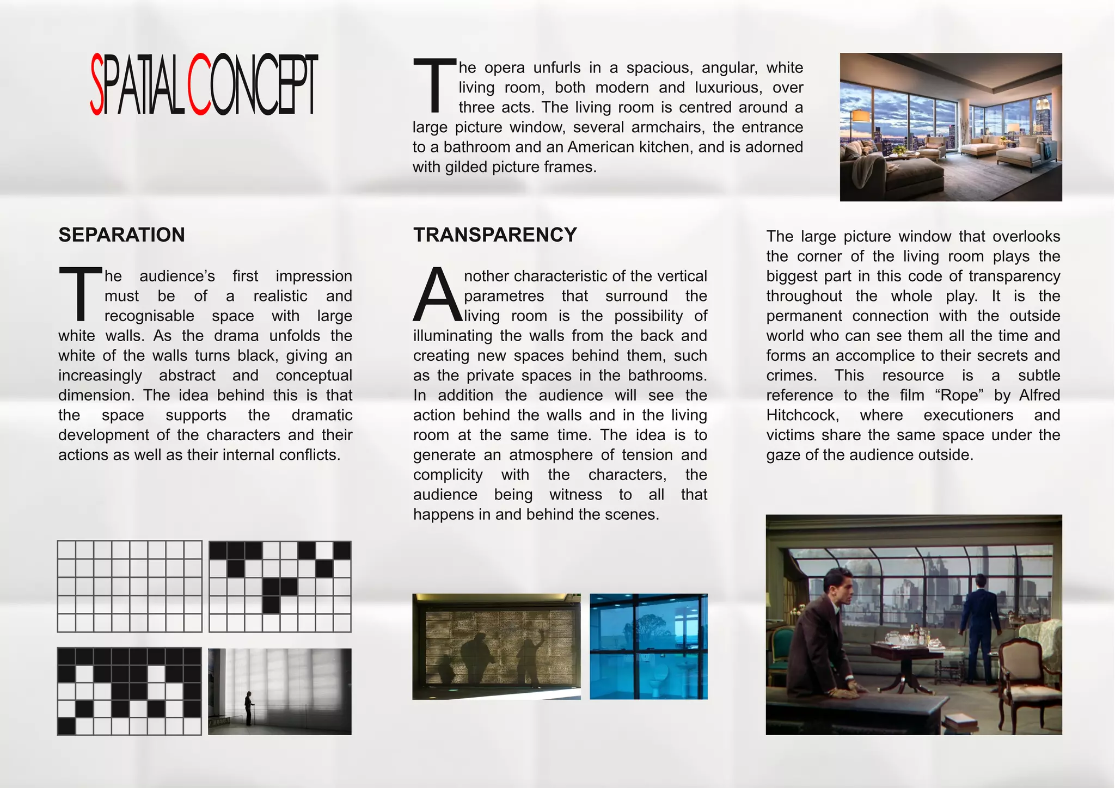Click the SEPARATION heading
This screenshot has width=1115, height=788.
(121, 235)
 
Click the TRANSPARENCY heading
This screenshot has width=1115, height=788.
(494, 235)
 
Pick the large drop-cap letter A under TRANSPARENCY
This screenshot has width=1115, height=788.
(437, 295)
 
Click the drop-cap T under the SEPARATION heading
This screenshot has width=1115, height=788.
(81, 293)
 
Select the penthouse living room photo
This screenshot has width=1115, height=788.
(951, 127)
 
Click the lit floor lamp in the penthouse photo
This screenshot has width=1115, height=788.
(860, 117)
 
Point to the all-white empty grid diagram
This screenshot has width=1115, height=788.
(130, 586)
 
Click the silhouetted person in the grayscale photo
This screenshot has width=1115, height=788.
(249, 708)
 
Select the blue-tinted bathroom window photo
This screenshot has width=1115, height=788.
(648, 646)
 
